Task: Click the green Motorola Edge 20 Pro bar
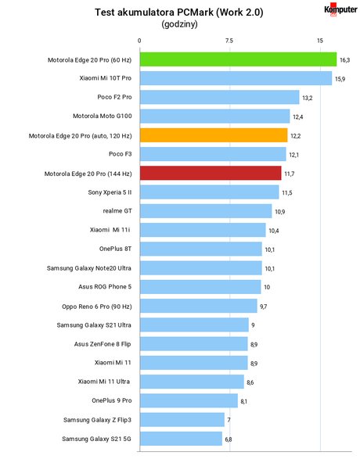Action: (238, 59)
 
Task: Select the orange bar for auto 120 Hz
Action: (214, 135)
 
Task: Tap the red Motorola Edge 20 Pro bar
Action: (211, 173)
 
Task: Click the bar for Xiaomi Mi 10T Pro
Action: (236, 78)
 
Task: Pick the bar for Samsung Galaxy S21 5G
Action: (181, 439)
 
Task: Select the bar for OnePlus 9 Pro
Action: (189, 400)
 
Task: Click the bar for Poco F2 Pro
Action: (220, 97)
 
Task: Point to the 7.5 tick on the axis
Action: (229, 41)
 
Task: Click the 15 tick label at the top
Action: (320, 41)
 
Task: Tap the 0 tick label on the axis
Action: (139, 41)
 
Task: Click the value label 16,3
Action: (345, 60)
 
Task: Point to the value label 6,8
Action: (229, 439)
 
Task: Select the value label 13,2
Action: (308, 98)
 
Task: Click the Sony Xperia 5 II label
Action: (110, 192)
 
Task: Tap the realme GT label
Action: (117, 211)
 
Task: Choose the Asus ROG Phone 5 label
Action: (105, 287)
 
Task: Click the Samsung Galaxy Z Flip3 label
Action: (97, 420)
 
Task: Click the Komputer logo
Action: (340, 9)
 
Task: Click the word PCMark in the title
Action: (197, 13)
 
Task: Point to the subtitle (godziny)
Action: (179, 24)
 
